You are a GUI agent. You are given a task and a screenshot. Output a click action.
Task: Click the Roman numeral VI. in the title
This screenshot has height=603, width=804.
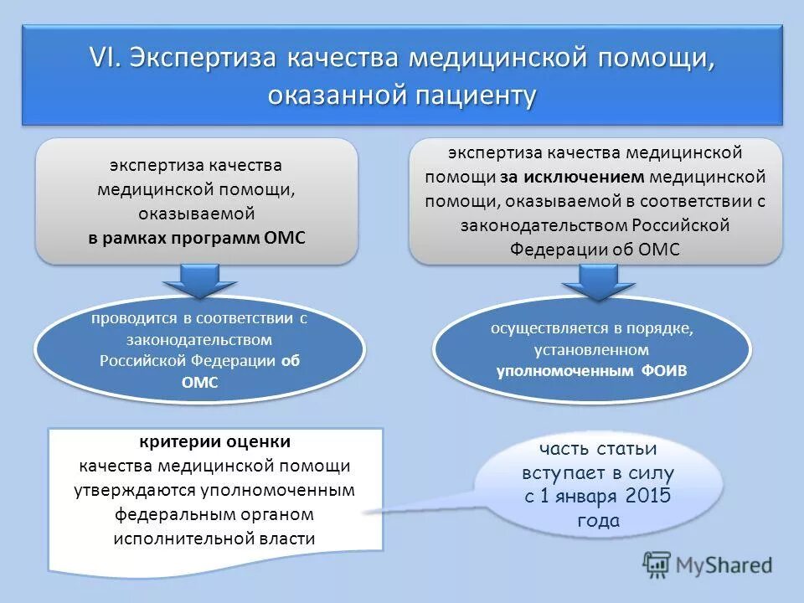pyautogui.click(x=106, y=60)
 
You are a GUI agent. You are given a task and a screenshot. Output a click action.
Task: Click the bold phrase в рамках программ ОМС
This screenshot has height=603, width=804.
pyautogui.click(x=198, y=238)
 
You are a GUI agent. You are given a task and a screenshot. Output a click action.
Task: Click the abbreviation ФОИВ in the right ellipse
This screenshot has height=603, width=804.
pyautogui.click(x=667, y=371)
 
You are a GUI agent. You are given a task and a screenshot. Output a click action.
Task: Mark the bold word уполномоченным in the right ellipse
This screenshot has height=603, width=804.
pyautogui.click(x=565, y=371)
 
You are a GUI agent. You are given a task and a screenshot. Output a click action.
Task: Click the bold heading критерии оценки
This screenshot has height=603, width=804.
pyautogui.click(x=215, y=441)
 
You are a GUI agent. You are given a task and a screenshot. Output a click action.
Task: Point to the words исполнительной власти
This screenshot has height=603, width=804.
pyautogui.click(x=215, y=539)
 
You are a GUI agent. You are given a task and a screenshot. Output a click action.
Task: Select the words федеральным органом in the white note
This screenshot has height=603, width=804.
pyautogui.click(x=215, y=514)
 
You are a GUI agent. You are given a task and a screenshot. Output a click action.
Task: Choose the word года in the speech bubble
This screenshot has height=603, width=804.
pyautogui.click(x=598, y=520)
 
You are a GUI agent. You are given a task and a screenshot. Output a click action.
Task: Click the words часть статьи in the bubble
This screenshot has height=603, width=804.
pyautogui.click(x=598, y=449)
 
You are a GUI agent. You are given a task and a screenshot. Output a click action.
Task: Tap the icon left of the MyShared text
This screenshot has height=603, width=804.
pyautogui.click(x=657, y=564)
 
